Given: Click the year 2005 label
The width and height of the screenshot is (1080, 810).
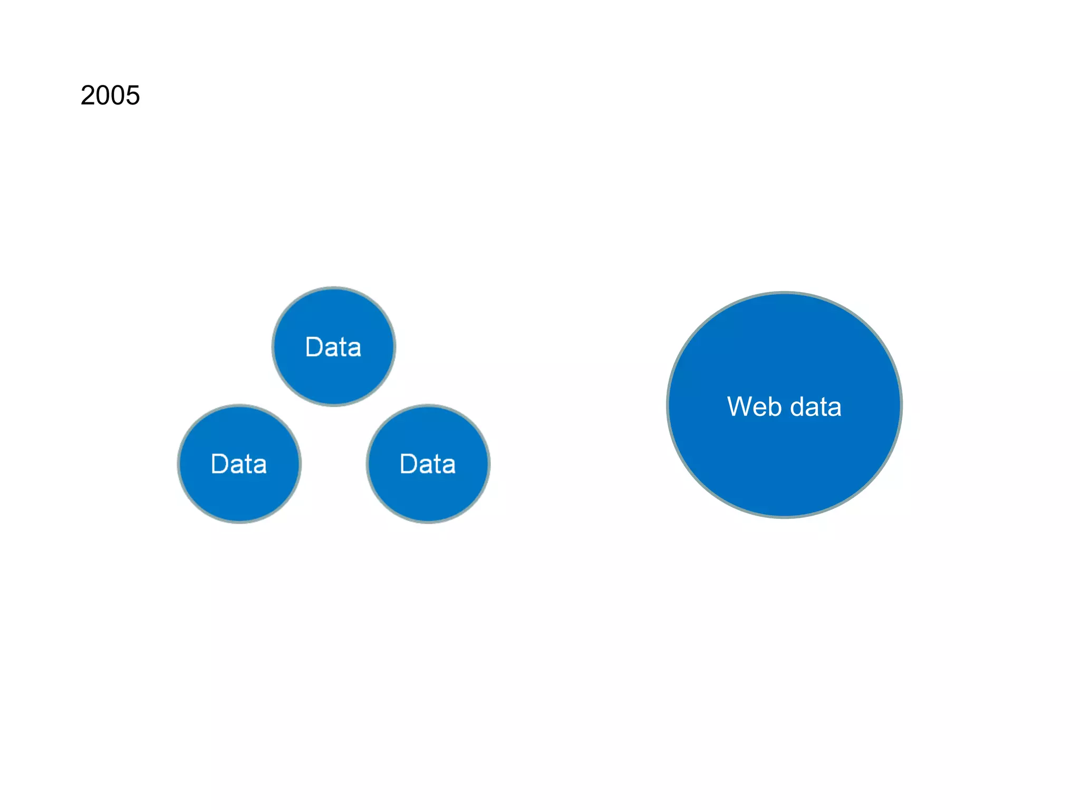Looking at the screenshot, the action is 110,96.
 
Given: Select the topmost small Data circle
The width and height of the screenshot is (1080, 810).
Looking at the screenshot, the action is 333,316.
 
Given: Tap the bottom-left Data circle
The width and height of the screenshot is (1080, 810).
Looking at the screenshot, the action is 239,496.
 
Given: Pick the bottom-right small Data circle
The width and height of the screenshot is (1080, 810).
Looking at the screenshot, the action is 428,496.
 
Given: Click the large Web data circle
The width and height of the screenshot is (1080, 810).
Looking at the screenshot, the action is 784,464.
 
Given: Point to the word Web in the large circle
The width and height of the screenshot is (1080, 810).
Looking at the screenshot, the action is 754,407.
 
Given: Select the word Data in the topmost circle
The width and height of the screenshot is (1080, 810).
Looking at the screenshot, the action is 333,348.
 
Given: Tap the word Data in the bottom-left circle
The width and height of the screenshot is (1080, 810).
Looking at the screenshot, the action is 239,465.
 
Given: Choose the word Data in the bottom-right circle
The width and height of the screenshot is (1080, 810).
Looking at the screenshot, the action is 428,465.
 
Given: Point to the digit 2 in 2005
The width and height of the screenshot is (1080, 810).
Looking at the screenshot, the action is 88,96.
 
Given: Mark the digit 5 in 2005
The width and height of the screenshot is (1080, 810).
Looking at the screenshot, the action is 133,96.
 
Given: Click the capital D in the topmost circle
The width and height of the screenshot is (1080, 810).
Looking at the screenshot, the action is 314,348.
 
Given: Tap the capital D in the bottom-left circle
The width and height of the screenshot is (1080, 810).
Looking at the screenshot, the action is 220,465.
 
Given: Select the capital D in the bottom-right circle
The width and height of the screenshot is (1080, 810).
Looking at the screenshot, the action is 409,465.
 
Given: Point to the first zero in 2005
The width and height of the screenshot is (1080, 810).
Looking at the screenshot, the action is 103,96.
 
